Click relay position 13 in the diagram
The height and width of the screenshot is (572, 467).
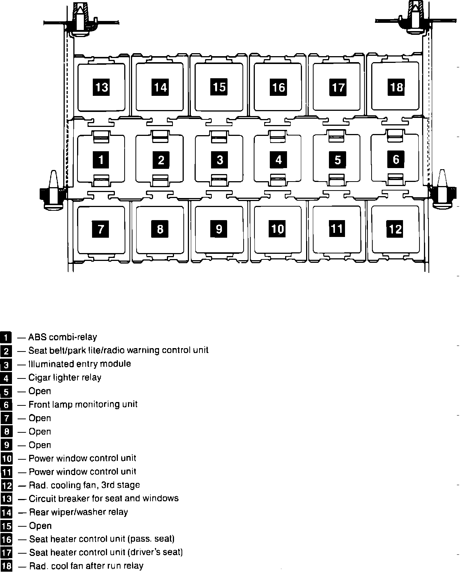pos(101,87)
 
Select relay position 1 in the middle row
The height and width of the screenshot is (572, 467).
pos(101,160)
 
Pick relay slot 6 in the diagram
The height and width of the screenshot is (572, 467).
pos(396,159)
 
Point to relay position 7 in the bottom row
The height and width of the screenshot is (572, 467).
pos(101,229)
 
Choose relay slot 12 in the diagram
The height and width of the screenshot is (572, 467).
pos(395,229)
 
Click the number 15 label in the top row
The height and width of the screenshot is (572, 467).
pos(219,87)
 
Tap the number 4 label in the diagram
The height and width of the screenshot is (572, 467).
pos(278,160)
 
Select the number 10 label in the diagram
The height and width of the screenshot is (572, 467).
pos(278,229)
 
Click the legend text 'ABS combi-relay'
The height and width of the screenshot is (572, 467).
pos(62,337)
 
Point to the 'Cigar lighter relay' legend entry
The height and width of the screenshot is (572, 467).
pos(65,377)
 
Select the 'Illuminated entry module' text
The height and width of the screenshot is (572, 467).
pos(80,364)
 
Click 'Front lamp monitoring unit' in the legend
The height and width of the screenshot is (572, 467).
pos(83,404)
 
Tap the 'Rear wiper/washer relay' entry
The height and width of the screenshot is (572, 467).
pos(79,512)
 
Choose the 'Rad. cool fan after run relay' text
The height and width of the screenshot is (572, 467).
pos(86,566)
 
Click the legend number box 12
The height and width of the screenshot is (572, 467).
pos(7,486)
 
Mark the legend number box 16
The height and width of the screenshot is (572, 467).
pos(7,539)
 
